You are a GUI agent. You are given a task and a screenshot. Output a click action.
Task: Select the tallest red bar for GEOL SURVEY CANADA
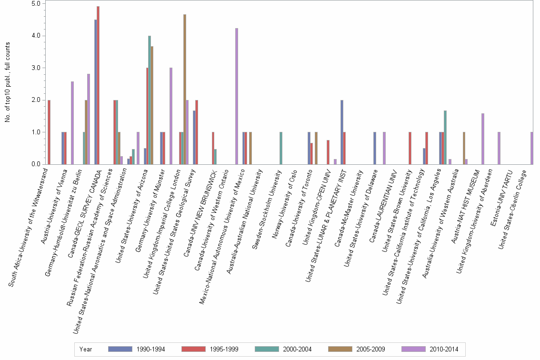(98, 86)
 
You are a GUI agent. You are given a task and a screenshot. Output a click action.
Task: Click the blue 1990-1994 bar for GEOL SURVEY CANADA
(95, 92)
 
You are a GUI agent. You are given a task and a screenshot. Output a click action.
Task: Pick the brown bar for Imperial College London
(184, 90)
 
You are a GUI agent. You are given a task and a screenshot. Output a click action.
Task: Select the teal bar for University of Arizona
(149, 100)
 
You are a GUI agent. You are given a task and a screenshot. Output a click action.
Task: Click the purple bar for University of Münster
(171, 116)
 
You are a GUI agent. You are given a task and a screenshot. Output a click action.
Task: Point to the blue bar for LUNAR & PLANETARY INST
(342, 132)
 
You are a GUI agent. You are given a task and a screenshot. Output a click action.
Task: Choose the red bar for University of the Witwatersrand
(49, 132)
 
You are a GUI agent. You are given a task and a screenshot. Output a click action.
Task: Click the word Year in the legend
(86, 350)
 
